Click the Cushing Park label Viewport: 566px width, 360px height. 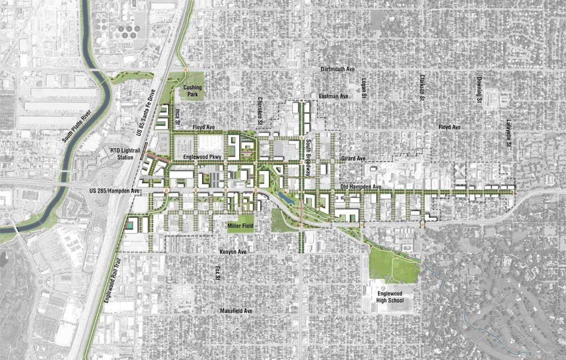(x=192, y=91)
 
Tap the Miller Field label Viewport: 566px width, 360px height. (x=241, y=226)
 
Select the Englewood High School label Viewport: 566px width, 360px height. (x=391, y=296)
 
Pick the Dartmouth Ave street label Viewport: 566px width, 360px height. (x=337, y=69)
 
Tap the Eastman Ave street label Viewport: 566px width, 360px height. (x=333, y=96)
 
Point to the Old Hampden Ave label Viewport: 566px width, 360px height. (x=361, y=187)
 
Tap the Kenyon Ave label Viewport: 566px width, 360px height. (x=233, y=252)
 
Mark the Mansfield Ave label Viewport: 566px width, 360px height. (x=236, y=311)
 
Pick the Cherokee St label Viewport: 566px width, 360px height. (x=260, y=112)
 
